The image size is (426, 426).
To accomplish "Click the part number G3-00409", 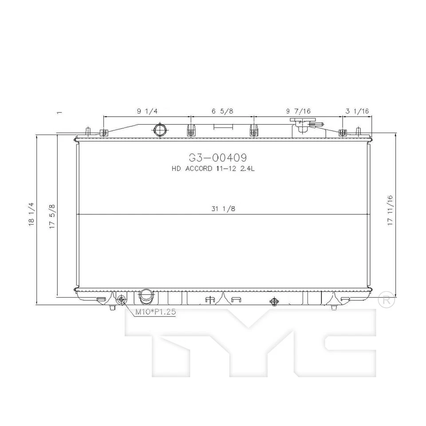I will pyautogui.click(x=217, y=158).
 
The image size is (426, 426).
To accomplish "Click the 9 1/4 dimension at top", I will pyautogui.click(x=147, y=111).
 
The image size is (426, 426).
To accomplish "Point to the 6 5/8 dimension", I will pyautogui.click(x=222, y=111).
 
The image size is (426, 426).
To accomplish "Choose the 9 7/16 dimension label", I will pyautogui.click(x=298, y=111).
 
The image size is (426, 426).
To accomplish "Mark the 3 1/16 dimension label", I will pyautogui.click(x=358, y=111).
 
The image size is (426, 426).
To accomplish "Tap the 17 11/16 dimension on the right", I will pyautogui.click(x=390, y=211).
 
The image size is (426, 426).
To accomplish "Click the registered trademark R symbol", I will pyautogui.click(x=386, y=300).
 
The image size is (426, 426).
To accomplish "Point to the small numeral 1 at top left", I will pyautogui.click(x=59, y=113).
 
